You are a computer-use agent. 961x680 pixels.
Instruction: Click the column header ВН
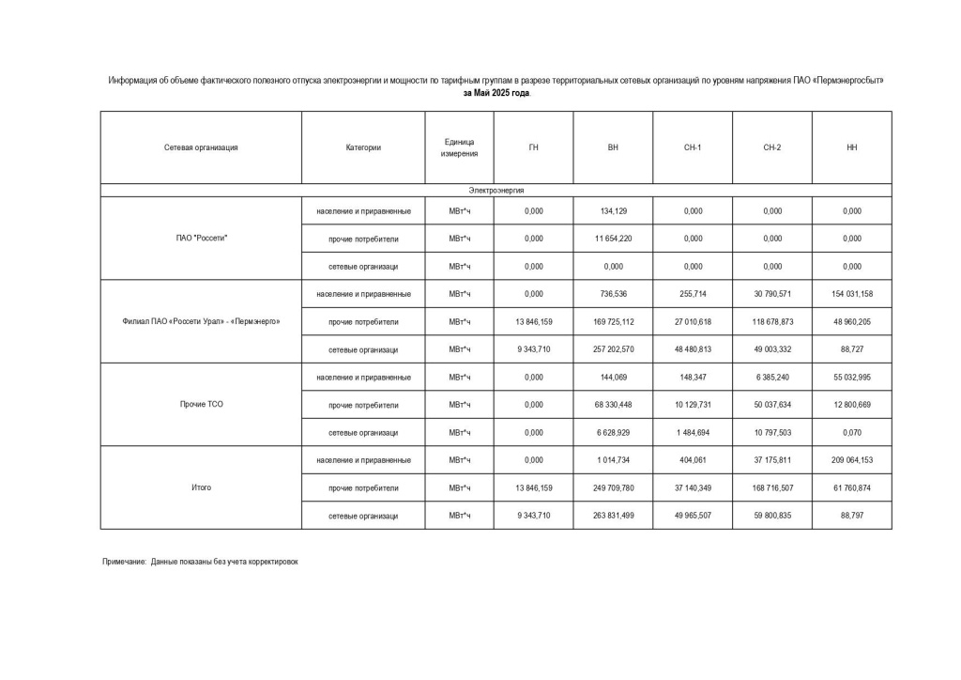pos(613,147)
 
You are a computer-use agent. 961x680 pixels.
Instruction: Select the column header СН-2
pos(772,147)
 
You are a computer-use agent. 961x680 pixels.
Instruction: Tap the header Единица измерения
pos(459,147)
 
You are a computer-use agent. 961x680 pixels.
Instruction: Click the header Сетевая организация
pos(201,147)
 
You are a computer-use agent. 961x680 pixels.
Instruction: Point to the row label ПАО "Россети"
pos(201,239)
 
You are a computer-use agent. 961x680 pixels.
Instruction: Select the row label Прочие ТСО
pos(201,405)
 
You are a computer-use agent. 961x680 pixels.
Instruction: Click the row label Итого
pos(201,488)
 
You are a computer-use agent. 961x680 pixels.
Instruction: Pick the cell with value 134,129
pos(613,211)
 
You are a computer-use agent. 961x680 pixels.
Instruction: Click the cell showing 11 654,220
pos(613,239)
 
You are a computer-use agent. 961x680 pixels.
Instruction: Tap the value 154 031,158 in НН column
pos(851,294)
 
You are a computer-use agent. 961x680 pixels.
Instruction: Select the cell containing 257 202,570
pos(613,349)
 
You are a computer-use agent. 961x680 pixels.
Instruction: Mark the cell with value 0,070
pos(851,433)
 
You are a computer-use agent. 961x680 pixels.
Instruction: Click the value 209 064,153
pos(851,460)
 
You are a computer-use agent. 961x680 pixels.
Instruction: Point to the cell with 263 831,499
pos(613,516)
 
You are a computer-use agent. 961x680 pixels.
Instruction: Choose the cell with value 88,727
pos(851,349)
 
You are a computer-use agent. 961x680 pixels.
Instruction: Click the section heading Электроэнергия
pos(496,190)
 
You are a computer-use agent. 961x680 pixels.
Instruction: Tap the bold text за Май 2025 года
pos(496,94)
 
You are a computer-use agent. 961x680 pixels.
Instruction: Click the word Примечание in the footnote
pos(124,561)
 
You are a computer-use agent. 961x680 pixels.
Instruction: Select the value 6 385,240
pos(772,378)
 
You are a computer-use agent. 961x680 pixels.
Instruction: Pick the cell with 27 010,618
pos(693,322)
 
